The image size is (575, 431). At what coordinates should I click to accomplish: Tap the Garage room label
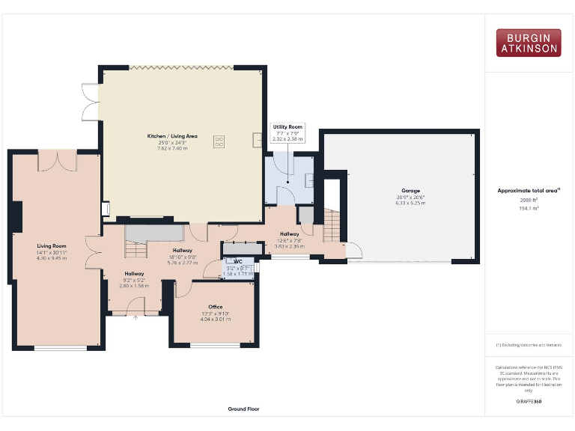(410, 192)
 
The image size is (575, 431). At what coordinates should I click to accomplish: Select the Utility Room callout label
(287, 128)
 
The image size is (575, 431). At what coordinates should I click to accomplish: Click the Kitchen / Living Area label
(172, 135)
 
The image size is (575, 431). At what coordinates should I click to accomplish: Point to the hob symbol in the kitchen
(220, 140)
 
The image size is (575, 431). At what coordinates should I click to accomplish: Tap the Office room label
(216, 307)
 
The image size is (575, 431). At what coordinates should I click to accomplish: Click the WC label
(237, 261)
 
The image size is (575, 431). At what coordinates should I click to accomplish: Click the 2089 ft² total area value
(529, 201)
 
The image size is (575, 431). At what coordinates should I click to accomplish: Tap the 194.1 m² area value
(529, 209)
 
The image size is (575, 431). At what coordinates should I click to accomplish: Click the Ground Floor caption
(243, 409)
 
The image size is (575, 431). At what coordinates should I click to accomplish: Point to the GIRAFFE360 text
(529, 402)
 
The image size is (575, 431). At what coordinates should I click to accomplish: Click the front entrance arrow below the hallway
(136, 317)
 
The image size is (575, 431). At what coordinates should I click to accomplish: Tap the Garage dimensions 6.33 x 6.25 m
(410, 203)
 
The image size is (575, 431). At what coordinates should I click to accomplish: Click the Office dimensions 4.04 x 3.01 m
(216, 319)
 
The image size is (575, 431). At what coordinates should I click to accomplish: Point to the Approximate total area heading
(529, 191)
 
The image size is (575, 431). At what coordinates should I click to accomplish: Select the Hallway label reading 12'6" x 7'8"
(289, 239)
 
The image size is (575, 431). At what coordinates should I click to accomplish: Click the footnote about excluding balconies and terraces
(529, 345)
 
